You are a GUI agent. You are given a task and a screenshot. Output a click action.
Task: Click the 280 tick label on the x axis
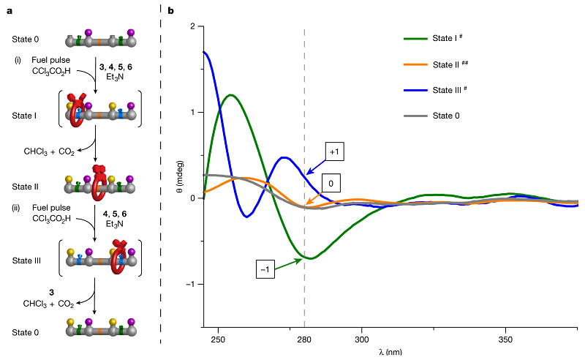tap(304, 340)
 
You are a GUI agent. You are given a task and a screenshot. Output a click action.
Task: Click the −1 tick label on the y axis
tap(190, 284)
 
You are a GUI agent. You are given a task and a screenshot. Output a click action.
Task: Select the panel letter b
tap(171, 11)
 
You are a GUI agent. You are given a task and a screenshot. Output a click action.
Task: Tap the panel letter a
tap(10, 11)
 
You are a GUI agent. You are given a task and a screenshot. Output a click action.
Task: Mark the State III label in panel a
tap(26, 258)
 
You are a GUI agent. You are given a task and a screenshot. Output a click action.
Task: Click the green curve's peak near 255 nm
tap(231, 95)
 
